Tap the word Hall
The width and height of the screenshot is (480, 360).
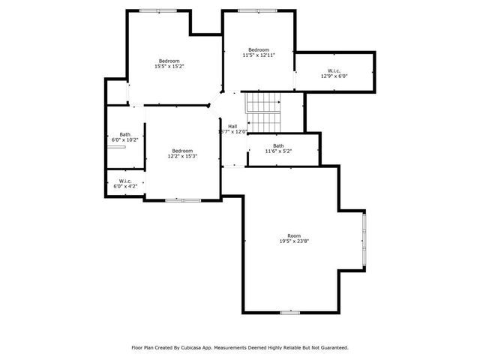[x=232, y=126]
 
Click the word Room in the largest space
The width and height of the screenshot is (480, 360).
[x=293, y=236]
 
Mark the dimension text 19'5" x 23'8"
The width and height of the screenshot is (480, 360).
[x=293, y=241]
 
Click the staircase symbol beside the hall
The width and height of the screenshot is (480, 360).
[x=262, y=111]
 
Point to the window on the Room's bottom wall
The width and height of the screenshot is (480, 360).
[x=290, y=312]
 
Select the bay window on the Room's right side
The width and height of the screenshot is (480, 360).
[x=364, y=241]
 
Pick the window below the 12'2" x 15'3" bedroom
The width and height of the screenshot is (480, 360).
[x=183, y=200]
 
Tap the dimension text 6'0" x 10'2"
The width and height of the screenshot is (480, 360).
[x=124, y=139]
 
